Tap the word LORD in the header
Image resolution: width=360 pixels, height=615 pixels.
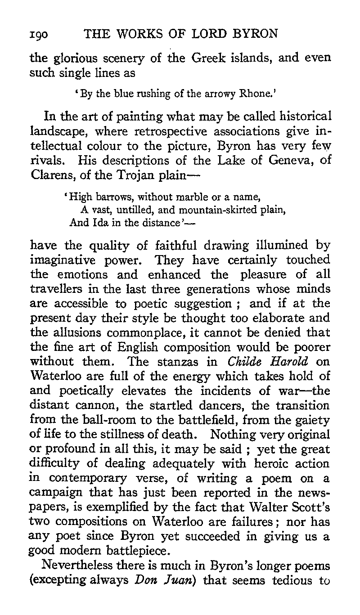202,35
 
